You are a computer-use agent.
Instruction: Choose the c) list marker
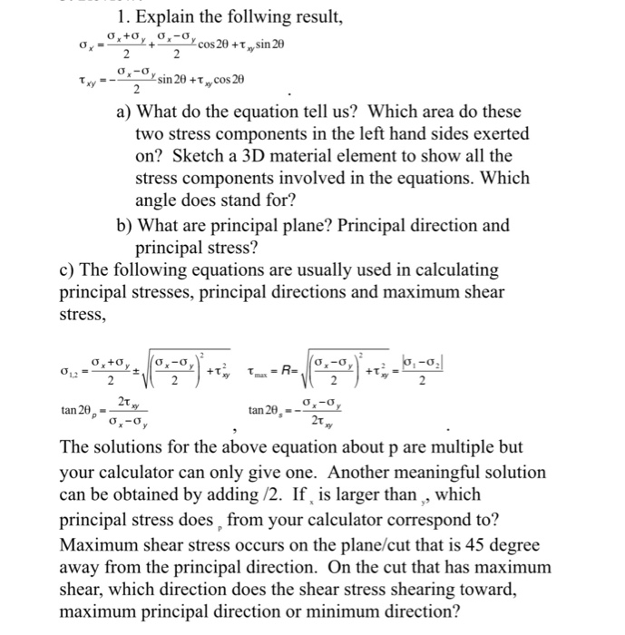click(x=69, y=269)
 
